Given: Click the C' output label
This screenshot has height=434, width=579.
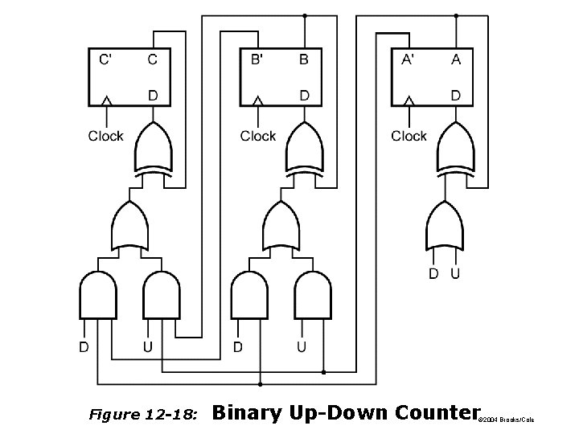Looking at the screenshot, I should pyautogui.click(x=105, y=59).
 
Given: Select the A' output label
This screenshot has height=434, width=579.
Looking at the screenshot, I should pyautogui.click(x=409, y=59).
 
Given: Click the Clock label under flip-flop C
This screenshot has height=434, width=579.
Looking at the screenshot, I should pyautogui.click(x=106, y=136).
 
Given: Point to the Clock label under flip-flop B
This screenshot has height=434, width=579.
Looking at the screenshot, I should pyautogui.click(x=258, y=136).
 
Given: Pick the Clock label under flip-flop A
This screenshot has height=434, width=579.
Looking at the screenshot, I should pyautogui.click(x=409, y=136).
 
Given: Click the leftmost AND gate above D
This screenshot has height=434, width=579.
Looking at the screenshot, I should pyautogui.click(x=98, y=296).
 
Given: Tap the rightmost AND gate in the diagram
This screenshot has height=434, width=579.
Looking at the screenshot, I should pyautogui.click(x=313, y=296).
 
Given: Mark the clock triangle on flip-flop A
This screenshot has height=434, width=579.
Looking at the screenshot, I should pyautogui.click(x=409, y=100).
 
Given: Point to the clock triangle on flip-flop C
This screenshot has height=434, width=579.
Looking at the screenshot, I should pyautogui.click(x=106, y=100).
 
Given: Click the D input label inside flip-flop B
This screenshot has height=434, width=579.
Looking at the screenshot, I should pyautogui.click(x=304, y=95).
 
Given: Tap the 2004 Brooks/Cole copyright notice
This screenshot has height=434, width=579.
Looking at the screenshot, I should pyautogui.click(x=506, y=420).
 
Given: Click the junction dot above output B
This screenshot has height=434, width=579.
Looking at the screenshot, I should pyautogui.click(x=304, y=15).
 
